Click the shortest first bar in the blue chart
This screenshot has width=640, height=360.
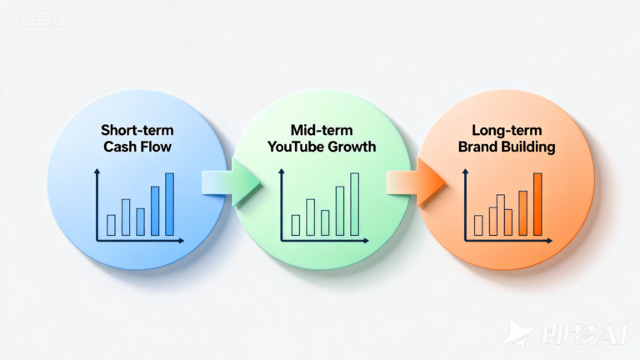[x=111, y=224]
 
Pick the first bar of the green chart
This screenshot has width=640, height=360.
[x=296, y=224]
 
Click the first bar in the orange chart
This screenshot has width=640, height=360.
[x=478, y=224]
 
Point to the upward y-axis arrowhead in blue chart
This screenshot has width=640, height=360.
[x=97, y=171]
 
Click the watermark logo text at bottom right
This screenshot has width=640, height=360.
[x=583, y=333]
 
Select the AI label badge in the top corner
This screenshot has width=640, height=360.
[x=37, y=22]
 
